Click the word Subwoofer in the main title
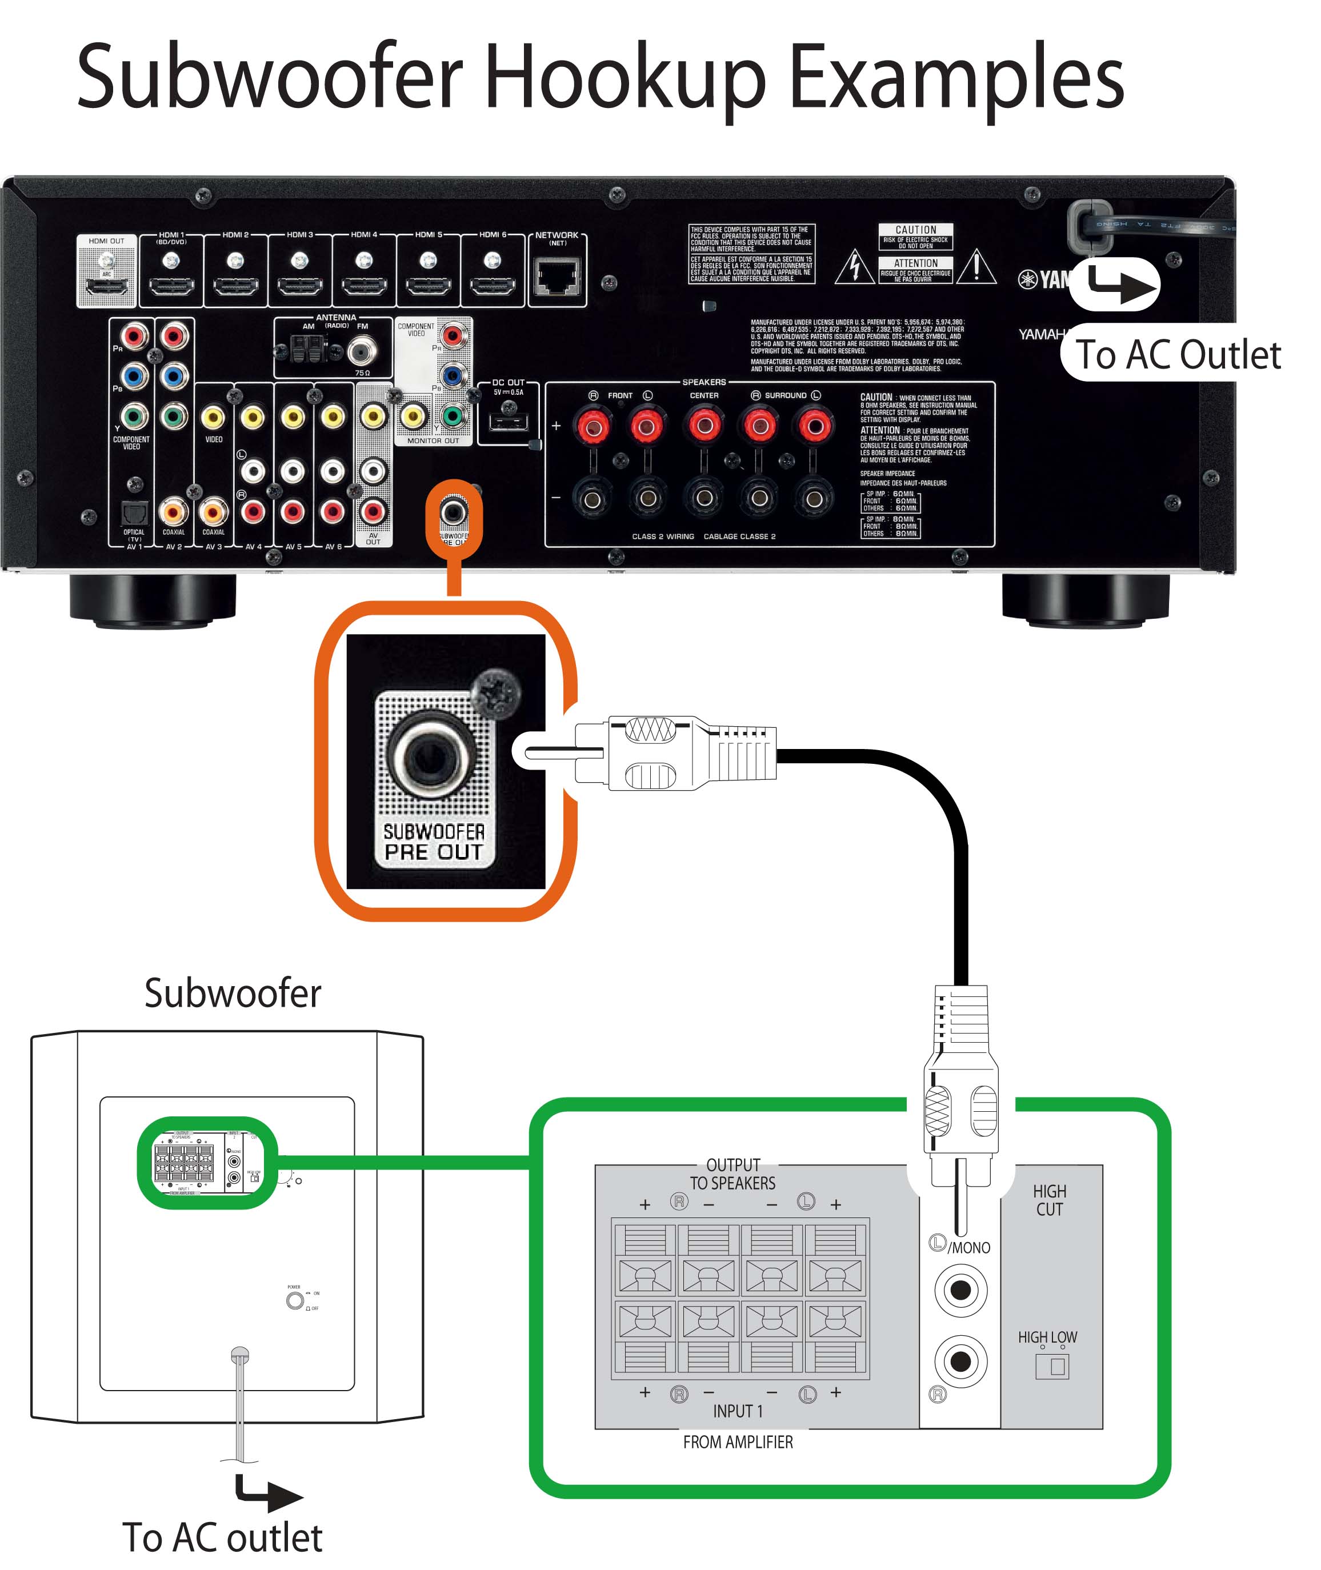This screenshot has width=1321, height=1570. (x=270, y=77)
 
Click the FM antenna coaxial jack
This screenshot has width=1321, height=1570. (x=362, y=350)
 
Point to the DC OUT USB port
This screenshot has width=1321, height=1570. (x=509, y=422)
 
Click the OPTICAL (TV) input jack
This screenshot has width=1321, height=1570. (x=134, y=513)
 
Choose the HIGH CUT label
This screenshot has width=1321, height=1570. (x=1049, y=1200)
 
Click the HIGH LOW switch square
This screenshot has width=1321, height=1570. (x=1052, y=1367)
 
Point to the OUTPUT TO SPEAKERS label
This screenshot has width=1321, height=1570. (x=732, y=1174)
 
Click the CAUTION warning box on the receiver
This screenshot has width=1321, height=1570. (x=915, y=237)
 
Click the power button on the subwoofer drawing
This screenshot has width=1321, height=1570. (x=294, y=1300)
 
